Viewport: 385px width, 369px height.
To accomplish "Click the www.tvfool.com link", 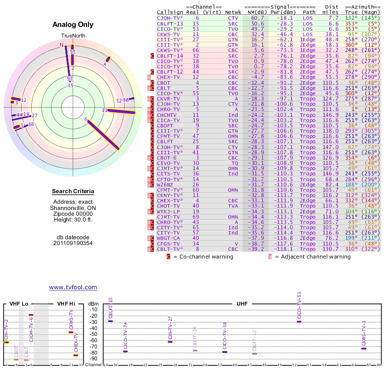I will (x=73, y=287).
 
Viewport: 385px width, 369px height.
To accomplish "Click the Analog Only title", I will (x=73, y=25).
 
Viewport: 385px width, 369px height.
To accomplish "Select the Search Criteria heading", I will (x=73, y=192).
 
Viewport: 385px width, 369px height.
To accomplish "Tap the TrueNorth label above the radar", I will (x=73, y=36).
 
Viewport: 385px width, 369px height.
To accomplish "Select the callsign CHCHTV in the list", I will (x=167, y=115).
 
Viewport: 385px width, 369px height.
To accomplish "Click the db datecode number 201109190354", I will (x=73, y=243).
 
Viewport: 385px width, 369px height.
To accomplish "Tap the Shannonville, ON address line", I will (x=73, y=208).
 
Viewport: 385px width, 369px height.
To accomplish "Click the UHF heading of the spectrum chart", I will (x=242, y=304).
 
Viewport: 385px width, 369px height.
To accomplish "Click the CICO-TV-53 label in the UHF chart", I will (x=299, y=306).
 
